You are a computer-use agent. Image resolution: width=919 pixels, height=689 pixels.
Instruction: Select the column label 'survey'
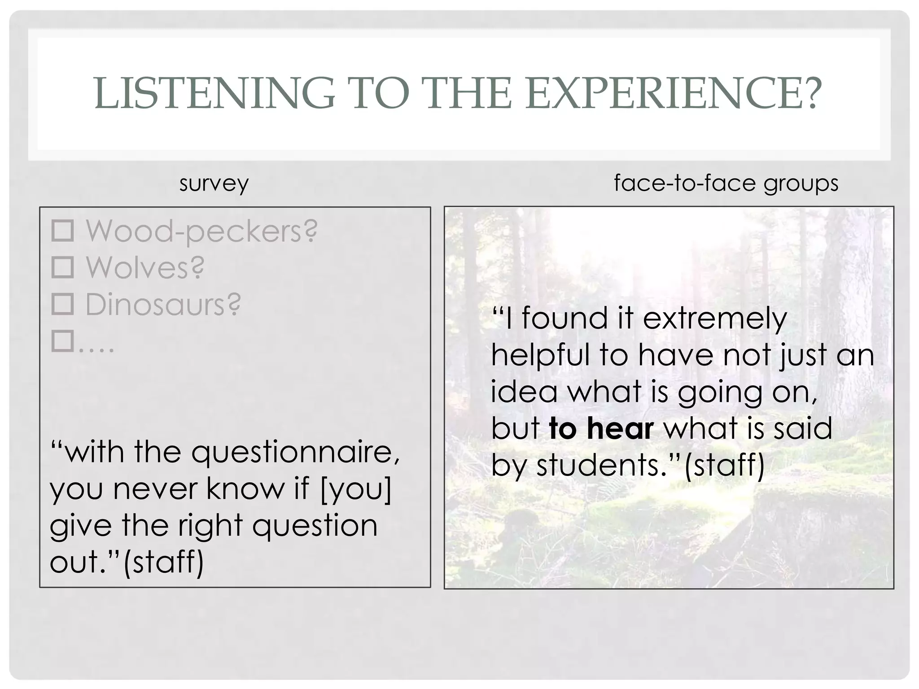click(x=214, y=183)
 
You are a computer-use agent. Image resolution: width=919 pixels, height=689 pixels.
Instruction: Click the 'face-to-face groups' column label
click(x=726, y=183)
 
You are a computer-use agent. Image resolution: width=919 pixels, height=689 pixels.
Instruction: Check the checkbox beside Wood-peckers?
click(x=62, y=231)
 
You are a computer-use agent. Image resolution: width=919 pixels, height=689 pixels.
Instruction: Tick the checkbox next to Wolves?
click(x=62, y=268)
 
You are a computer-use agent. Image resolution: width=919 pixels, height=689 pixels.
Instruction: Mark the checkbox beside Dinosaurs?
click(x=62, y=304)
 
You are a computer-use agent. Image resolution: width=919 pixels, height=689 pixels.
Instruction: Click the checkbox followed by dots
click(x=62, y=341)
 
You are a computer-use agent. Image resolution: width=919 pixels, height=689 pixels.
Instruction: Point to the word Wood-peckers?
click(x=201, y=232)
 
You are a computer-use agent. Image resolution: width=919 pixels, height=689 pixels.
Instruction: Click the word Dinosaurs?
click(x=163, y=305)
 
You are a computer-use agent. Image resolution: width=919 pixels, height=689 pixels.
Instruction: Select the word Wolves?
click(x=145, y=268)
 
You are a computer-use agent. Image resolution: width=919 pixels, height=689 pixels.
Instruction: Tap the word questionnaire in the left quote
click(x=295, y=452)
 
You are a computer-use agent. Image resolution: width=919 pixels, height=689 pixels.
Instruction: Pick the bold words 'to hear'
click(x=601, y=428)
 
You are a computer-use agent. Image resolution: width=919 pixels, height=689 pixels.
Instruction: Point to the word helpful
click(x=540, y=355)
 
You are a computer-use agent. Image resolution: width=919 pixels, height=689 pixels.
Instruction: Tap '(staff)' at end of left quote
click(x=163, y=562)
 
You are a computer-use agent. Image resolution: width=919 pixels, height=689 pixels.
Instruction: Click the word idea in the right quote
click(x=524, y=392)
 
